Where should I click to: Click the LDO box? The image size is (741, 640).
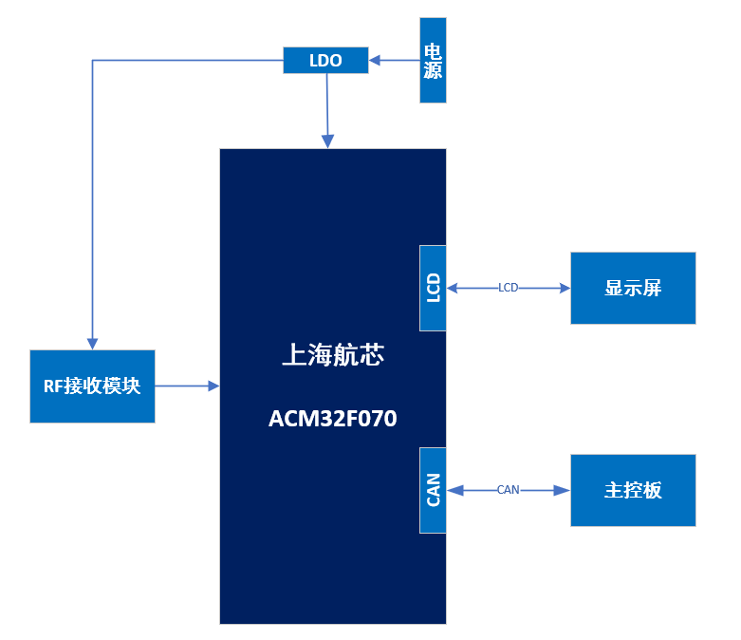(x=325, y=61)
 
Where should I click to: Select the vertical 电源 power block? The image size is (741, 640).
(x=433, y=61)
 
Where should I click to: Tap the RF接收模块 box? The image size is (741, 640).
(x=92, y=386)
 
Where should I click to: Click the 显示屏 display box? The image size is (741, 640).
(x=633, y=288)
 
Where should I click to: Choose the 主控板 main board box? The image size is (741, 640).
(x=633, y=490)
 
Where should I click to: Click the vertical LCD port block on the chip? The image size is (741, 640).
(x=433, y=288)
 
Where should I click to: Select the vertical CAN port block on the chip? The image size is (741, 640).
(x=433, y=490)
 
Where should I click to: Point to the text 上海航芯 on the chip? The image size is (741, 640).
(x=332, y=356)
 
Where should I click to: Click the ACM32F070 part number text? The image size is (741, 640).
(x=332, y=419)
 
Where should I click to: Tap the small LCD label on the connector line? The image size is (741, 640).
(x=509, y=288)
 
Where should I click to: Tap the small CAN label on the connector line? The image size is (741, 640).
(x=509, y=490)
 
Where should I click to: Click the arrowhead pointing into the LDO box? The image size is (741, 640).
(x=375, y=61)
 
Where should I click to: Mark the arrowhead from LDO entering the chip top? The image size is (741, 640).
(x=328, y=141)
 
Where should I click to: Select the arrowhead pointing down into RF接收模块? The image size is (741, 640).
(x=92, y=343)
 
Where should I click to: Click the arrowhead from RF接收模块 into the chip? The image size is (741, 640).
(x=213, y=386)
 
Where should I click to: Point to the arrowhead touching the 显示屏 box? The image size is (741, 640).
(x=564, y=288)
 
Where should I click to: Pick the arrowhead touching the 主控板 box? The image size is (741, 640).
(x=564, y=490)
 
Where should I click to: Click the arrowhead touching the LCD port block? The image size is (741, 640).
(x=453, y=288)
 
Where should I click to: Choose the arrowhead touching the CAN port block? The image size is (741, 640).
(x=453, y=490)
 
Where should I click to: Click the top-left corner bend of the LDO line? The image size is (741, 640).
(x=92, y=61)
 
